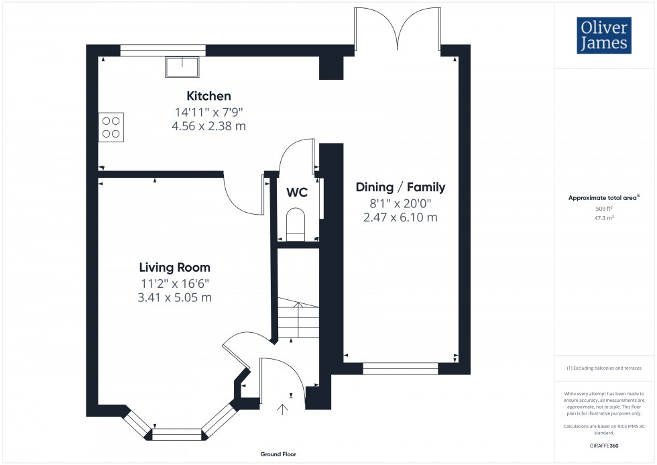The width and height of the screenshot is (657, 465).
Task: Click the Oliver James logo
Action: point(603,36)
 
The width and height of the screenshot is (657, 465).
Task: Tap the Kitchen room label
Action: point(208,96)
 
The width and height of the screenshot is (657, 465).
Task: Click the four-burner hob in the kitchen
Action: point(111,127)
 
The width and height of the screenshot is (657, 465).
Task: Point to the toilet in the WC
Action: point(296,223)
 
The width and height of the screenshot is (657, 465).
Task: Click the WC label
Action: point(297,193)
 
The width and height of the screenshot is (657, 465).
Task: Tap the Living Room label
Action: point(175,267)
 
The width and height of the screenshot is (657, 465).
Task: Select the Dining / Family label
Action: point(400,187)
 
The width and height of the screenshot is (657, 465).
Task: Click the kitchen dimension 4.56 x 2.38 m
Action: point(208,125)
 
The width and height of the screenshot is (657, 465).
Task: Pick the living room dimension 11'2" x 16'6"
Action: point(175,282)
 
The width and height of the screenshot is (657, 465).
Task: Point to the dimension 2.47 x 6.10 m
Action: point(400,217)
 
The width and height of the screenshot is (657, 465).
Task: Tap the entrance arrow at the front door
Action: point(283,409)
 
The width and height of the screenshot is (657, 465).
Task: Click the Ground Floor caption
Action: point(278,454)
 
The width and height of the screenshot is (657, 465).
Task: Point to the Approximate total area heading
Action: point(603,197)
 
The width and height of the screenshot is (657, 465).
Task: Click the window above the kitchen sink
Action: point(163,49)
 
